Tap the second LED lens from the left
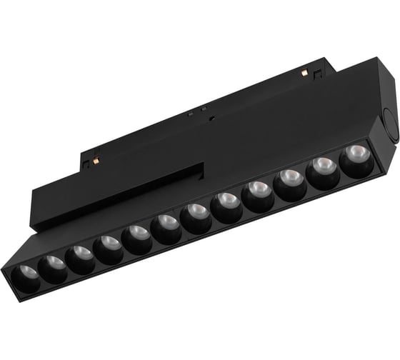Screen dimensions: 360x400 (53, 266)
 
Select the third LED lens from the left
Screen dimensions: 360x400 (80, 256)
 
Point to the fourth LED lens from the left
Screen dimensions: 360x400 (109, 246)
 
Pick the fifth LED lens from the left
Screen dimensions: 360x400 (137, 236)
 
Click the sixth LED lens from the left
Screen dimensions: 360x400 (166, 226)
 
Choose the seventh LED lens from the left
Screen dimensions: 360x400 (196, 216)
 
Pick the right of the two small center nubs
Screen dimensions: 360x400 (204, 109)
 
